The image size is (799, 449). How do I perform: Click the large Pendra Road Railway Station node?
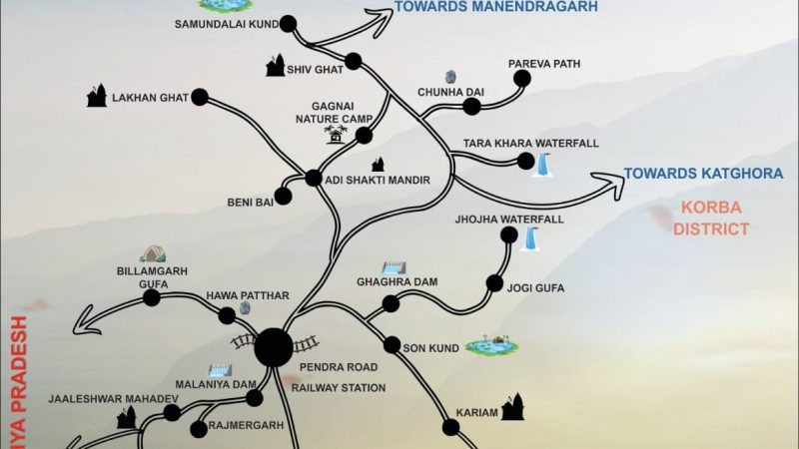[x=273, y=347]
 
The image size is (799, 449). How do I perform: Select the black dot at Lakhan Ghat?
[x=199, y=97]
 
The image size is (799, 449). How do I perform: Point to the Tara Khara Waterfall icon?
[x=544, y=164]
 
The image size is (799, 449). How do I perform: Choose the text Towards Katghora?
[x=703, y=174]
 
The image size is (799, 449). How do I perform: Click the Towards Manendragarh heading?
[x=496, y=7]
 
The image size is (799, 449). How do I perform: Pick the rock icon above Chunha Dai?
[x=451, y=76]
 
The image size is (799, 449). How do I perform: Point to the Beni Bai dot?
[x=284, y=197]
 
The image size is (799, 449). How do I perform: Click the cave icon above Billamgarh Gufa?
[x=153, y=254]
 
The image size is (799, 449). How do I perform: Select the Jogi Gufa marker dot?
[x=494, y=283]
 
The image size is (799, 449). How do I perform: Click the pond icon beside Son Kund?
[x=491, y=345]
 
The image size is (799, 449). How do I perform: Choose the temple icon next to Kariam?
[x=512, y=405]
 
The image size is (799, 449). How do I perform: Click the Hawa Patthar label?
[x=247, y=296]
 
